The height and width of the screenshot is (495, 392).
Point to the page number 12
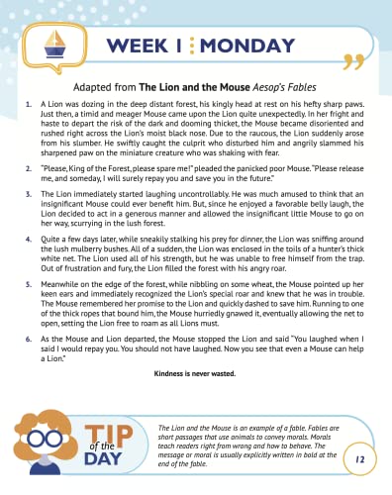(360, 462)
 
